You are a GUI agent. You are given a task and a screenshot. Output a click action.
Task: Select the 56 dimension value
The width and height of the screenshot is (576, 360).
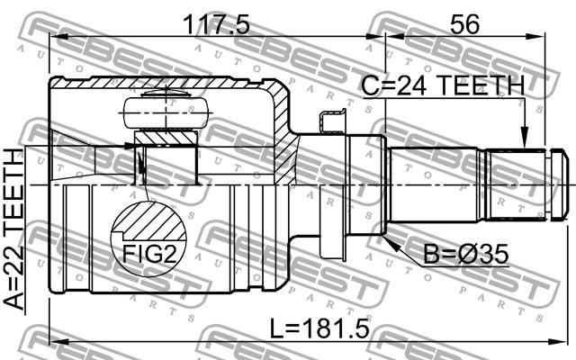[464, 24]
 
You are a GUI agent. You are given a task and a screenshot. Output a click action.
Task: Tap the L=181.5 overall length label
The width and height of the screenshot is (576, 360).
[319, 328]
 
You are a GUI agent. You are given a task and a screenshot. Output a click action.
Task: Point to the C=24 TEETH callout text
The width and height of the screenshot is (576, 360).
[444, 85]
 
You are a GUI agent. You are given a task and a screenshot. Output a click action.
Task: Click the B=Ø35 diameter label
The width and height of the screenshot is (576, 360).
[466, 254]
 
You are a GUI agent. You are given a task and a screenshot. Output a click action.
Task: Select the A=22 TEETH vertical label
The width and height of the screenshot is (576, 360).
[14, 229]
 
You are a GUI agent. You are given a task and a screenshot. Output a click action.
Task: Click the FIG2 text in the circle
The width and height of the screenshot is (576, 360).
[149, 254]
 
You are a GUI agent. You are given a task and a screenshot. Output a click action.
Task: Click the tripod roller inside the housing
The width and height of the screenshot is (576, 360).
[166, 112]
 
